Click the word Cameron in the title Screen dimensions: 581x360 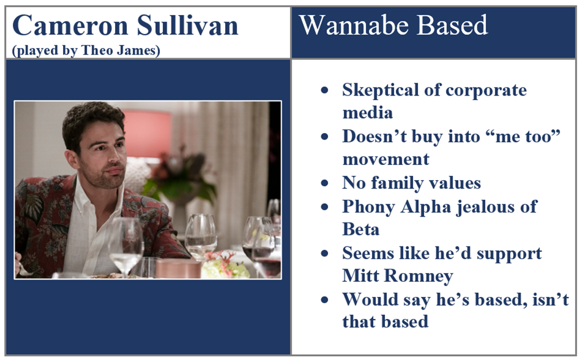click(x=70, y=25)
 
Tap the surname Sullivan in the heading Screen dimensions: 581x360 click(x=187, y=25)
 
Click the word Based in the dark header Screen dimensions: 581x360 click(x=453, y=25)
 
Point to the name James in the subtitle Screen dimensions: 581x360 click(x=138, y=50)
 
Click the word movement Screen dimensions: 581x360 click(x=386, y=159)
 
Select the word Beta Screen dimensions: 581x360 click(x=361, y=229)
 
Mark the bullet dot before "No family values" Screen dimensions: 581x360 click(x=325, y=183)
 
